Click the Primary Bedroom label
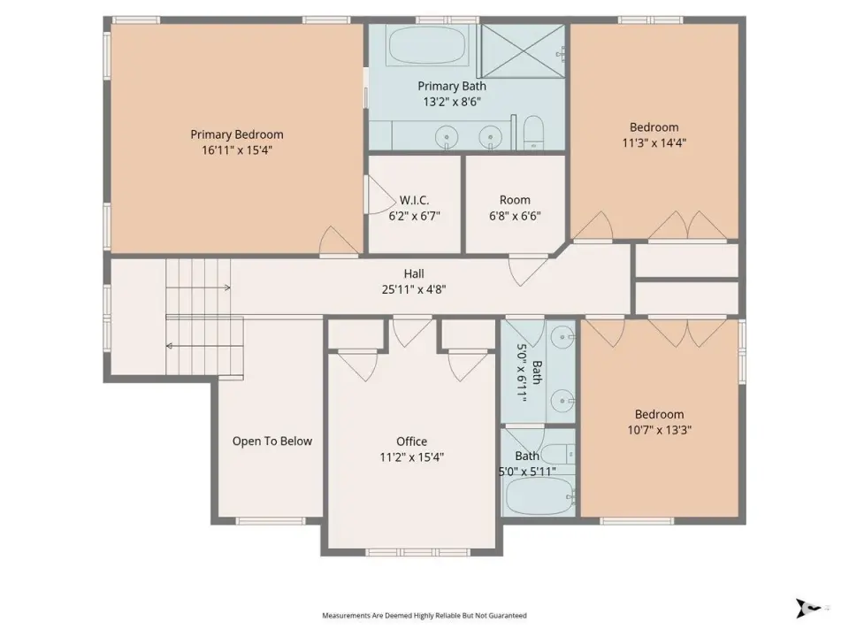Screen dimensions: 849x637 pos(237,134)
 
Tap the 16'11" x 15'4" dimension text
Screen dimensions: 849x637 pos(237,150)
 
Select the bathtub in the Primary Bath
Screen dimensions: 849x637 pos(427,45)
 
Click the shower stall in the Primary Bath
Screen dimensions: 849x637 pos(523,50)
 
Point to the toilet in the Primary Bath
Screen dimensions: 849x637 pos(534,133)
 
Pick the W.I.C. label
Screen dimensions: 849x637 pos(414,200)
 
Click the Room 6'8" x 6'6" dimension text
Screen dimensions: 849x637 pos(515,216)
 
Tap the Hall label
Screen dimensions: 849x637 pos(414,273)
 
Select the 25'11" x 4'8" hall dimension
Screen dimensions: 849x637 pos(414,289)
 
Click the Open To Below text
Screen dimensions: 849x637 pos(272,441)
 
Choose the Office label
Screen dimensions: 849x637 pos(411,441)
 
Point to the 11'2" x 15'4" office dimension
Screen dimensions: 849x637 pos(411,457)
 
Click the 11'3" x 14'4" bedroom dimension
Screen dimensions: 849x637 pos(654,142)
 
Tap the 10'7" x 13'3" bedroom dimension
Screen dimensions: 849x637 pos(659,430)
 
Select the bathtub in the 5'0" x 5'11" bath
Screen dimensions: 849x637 pos(539,496)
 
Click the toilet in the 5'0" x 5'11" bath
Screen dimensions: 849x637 pos(558,453)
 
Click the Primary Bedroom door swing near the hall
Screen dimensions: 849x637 pos(339,240)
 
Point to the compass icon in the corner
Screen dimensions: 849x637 pos(807,608)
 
